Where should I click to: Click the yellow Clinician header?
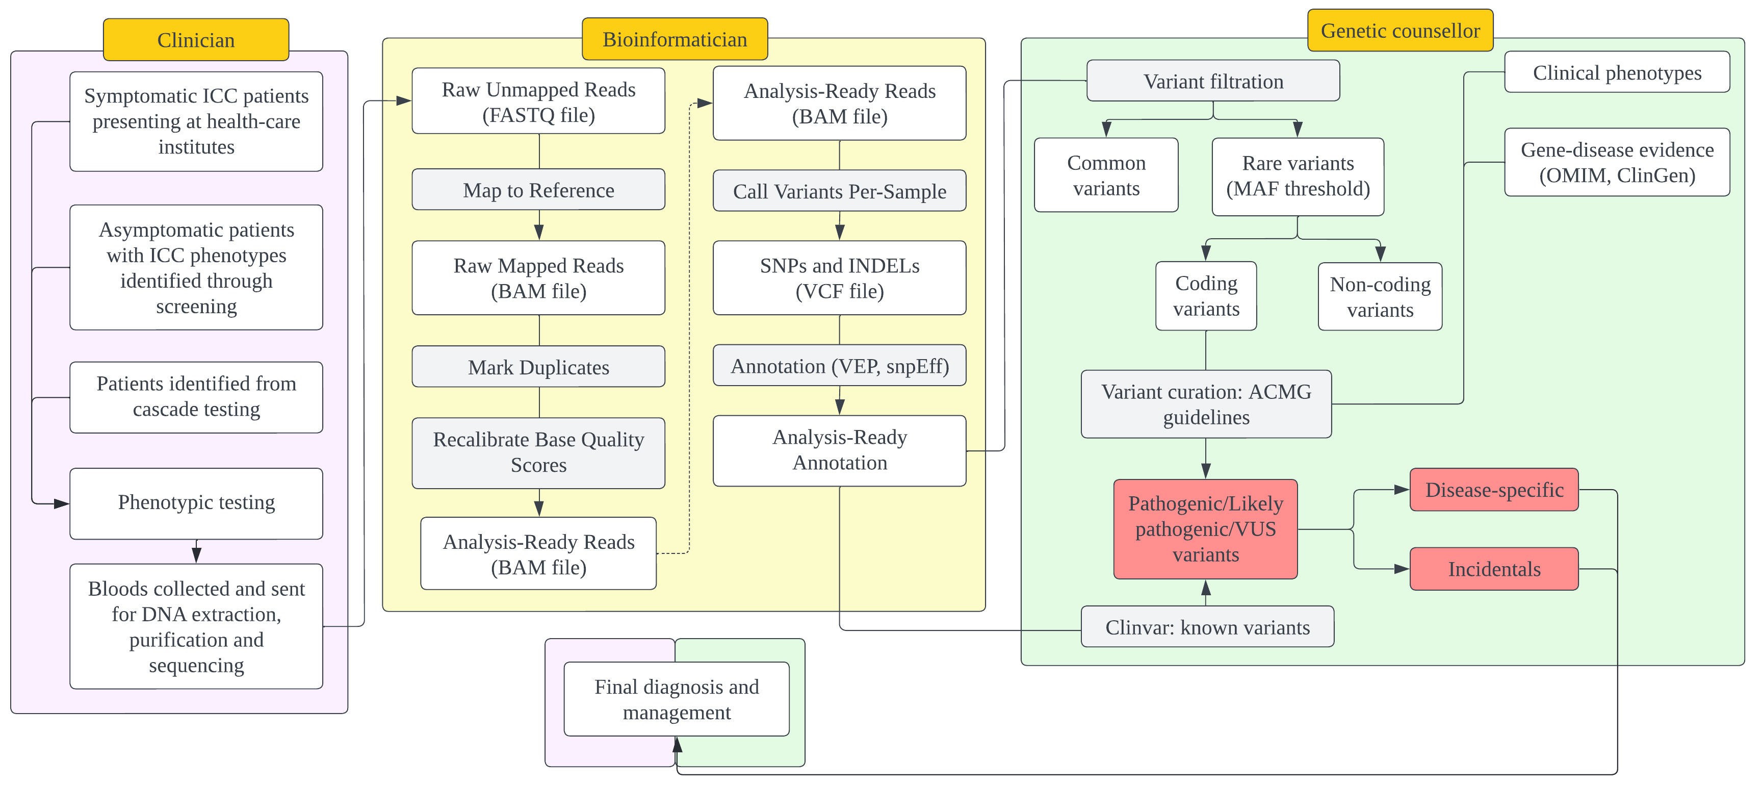196,40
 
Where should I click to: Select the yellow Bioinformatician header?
675,39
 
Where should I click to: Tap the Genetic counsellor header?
1400,30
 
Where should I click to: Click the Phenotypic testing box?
196,503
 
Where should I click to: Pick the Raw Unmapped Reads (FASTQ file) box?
538,102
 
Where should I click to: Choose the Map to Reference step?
538,190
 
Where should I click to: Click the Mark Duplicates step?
538,367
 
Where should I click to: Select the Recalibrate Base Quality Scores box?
538,452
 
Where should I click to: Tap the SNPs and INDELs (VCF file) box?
839,278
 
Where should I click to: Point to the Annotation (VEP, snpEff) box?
839,366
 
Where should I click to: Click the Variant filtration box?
1213,81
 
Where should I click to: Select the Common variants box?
1106,175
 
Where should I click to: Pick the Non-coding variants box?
1380,296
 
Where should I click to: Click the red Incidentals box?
1494,569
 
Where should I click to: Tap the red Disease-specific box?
1494,489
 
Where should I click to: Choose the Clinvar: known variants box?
1207,626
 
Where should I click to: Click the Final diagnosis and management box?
677,699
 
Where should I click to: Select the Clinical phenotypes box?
1617,72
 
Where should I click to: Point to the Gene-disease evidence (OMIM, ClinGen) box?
1617,162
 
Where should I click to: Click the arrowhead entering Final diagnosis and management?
677,744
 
